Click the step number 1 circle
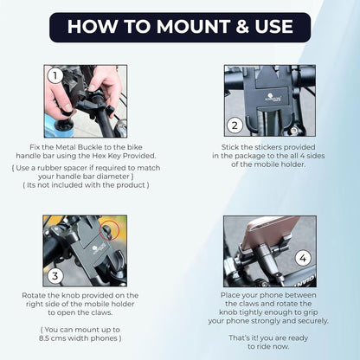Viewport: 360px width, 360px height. click(x=54, y=75)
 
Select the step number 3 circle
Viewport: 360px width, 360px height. click(x=54, y=277)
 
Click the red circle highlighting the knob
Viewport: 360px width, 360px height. click(x=111, y=231)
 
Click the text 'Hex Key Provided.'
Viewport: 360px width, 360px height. click(x=113, y=157)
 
